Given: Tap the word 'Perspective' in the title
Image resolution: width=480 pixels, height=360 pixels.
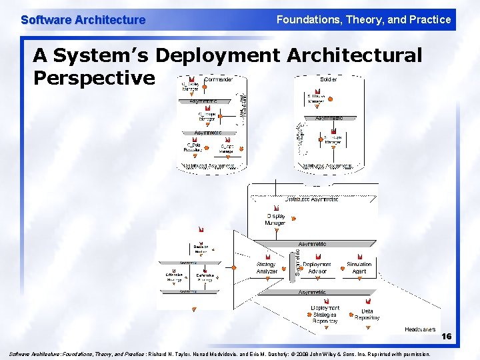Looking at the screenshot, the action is point(94,78).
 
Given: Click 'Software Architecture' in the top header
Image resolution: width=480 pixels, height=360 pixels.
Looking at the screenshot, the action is point(83,20).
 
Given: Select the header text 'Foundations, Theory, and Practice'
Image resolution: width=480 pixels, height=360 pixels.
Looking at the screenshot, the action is point(363,19).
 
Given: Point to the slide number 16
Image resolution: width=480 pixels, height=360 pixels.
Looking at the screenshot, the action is point(446,337).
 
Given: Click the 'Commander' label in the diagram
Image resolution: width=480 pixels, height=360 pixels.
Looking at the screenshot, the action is point(218,79).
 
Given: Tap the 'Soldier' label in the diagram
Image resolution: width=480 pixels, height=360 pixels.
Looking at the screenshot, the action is point(329,79).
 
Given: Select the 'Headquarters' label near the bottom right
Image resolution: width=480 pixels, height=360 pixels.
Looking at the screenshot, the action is point(420,329).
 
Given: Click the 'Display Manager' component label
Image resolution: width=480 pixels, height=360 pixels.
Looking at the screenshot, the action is point(276,219).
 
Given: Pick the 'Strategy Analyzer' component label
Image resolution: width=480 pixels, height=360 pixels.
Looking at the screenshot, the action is point(267,268).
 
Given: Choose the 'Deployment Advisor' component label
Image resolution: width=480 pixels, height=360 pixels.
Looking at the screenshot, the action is point(317,268).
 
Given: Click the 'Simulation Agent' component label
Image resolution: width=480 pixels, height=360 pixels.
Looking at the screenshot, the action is point(359,268).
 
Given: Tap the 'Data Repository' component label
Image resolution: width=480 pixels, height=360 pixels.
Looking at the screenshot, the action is point(367,315).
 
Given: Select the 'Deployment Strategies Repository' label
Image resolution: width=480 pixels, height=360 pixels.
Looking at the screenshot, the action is point(325,315).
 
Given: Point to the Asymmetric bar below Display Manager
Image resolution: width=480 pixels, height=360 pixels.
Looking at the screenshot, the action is point(312,244).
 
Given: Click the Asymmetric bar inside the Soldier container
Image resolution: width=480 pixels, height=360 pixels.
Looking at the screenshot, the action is point(329,118).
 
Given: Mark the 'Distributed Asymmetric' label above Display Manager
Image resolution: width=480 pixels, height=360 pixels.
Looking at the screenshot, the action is point(311,199).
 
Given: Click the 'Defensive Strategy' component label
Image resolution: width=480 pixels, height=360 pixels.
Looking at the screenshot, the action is point(205,277).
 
